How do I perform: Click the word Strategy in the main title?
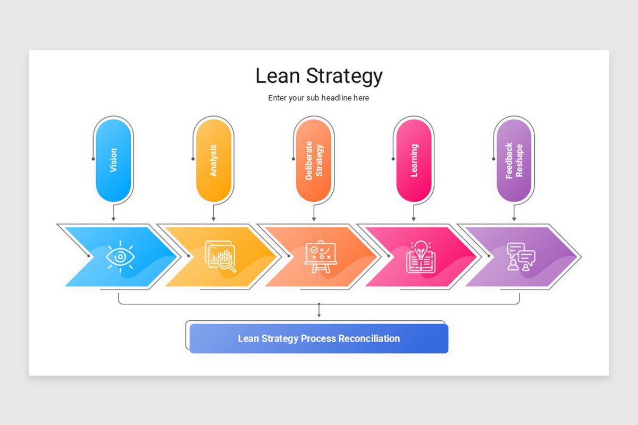click(343, 76)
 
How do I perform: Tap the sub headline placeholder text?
click(318, 98)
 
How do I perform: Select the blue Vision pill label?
click(113, 160)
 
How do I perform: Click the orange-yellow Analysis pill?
click(213, 160)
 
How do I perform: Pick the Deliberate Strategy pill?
click(314, 160)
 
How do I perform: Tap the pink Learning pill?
click(414, 160)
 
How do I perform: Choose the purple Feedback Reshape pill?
click(514, 160)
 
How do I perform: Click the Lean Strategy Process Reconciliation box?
click(318, 338)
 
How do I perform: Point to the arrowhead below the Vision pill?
click(113, 219)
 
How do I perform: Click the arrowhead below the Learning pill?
click(414, 219)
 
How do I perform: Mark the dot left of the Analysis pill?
click(193, 158)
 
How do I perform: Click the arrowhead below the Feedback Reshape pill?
click(514, 219)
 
